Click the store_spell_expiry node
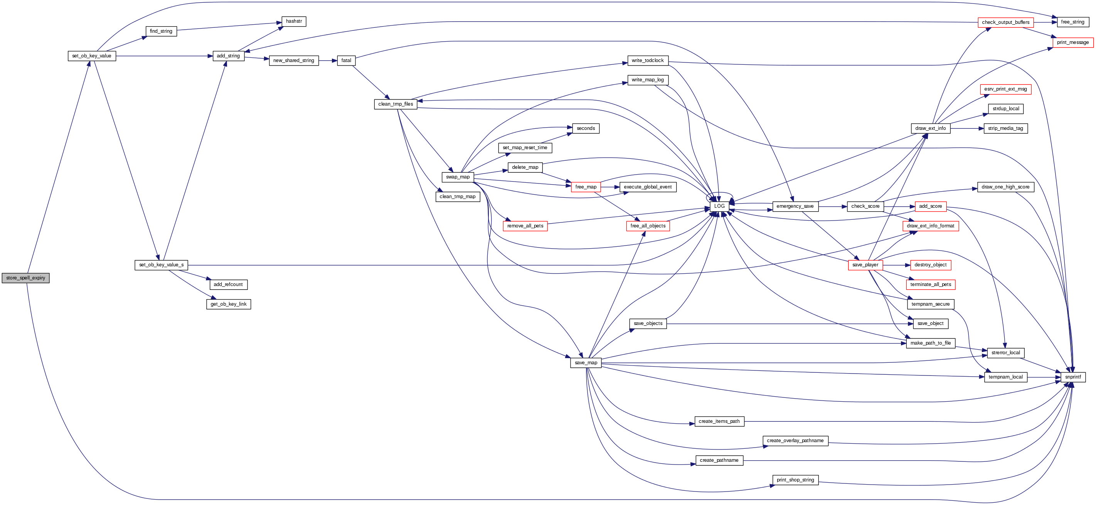point(25,278)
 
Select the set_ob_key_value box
point(91,56)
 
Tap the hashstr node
point(294,21)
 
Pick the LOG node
point(719,206)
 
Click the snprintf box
point(1072,377)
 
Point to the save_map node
point(586,363)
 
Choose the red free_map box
point(586,187)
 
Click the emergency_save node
point(795,206)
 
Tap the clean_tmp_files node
point(395,104)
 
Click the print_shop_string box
point(795,480)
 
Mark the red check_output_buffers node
point(1005,22)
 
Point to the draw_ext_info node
point(930,128)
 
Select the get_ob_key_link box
point(229,304)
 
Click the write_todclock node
point(647,61)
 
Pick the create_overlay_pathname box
point(795,441)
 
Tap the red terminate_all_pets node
point(930,284)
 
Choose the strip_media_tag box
point(1005,128)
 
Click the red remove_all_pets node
point(525,226)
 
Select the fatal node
point(346,61)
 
